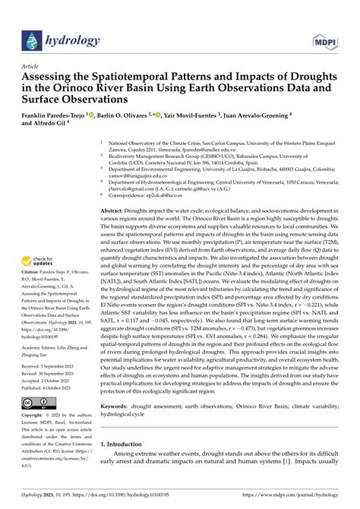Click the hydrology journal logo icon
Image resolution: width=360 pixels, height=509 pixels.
point(32,40)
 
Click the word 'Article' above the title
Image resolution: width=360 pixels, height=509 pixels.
point(33,67)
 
